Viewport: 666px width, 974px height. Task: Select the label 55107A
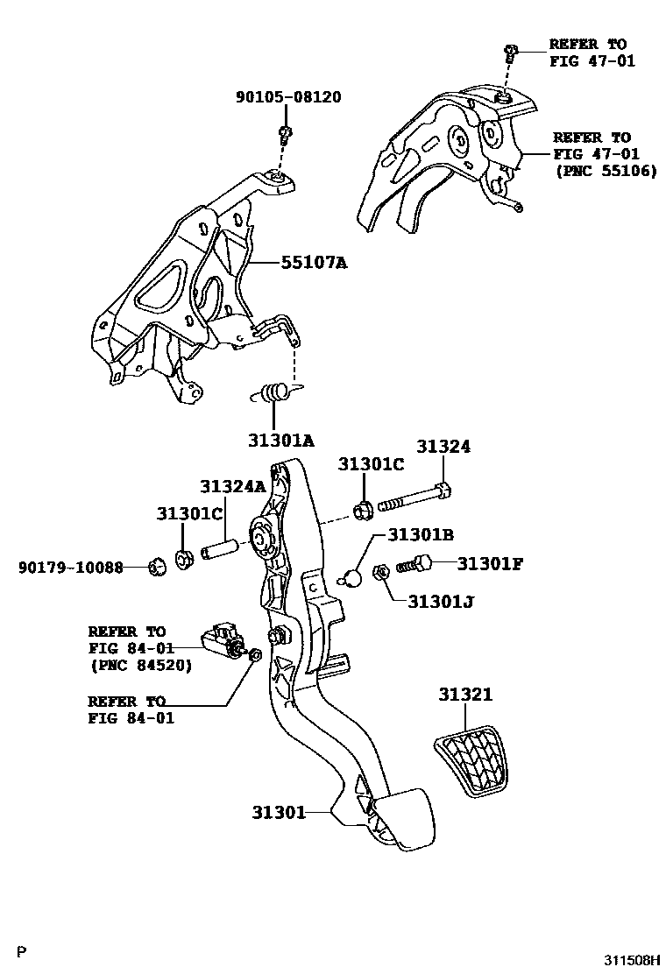(x=314, y=261)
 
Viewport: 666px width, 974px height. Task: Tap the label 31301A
(x=279, y=441)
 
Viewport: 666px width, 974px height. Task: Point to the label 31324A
(x=232, y=486)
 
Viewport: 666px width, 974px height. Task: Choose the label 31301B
(x=421, y=533)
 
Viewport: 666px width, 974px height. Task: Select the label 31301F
(x=490, y=563)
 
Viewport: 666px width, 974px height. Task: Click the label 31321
(x=465, y=695)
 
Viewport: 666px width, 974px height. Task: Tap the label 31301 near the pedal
(x=279, y=812)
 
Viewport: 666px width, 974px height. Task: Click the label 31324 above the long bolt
(x=443, y=447)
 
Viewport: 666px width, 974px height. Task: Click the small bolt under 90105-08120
(x=285, y=134)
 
